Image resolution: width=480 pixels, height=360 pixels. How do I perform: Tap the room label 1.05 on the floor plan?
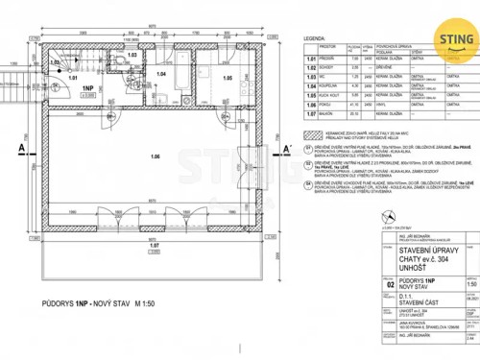(x=228, y=76)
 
